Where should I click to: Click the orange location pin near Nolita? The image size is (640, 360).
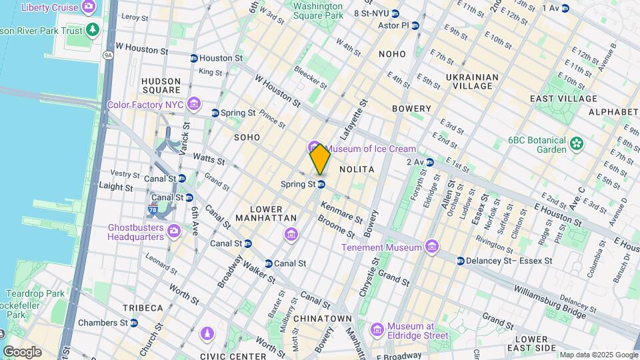coord(320,159)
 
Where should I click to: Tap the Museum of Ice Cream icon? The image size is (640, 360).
coord(313,148)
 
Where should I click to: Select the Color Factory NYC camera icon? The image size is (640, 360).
coord(194,104)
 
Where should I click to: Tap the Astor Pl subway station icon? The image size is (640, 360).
coord(415,26)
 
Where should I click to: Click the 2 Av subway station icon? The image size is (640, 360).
coord(430,162)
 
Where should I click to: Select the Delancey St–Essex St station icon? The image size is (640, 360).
coord(461,261)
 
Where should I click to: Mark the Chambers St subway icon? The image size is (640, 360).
coord(134,323)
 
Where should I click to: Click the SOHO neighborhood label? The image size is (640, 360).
coord(247,137)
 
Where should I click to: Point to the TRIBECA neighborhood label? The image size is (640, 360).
coord(143,307)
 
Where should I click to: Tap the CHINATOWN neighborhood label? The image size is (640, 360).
coord(323,319)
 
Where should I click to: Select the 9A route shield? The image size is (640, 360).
coord(108,55)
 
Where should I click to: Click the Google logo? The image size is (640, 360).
coord(22,351)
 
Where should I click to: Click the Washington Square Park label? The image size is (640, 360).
coord(318,10)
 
